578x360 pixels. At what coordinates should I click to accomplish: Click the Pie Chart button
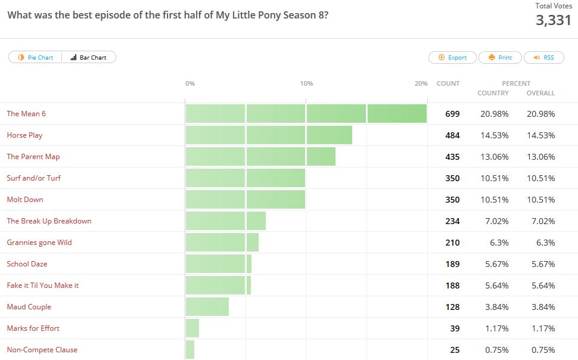(36, 57)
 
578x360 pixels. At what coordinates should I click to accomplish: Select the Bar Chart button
(89, 57)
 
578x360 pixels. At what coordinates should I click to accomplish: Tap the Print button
(500, 57)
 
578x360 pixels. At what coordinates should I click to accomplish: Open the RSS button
(543, 57)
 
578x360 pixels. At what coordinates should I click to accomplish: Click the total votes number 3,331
(554, 20)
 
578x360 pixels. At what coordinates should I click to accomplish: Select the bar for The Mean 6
(306, 113)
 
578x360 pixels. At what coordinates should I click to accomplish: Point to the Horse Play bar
(269, 135)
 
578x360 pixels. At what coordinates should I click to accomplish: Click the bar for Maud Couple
(207, 306)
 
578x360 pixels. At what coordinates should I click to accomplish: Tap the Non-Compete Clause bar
(190, 349)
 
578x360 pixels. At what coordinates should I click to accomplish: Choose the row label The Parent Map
(33, 157)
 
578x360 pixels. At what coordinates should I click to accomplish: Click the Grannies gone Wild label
(39, 243)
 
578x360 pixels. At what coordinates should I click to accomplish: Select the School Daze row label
(27, 264)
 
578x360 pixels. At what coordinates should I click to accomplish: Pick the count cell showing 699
(452, 114)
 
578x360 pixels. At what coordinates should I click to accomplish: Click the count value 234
(452, 221)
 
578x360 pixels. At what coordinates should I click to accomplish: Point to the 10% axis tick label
(306, 83)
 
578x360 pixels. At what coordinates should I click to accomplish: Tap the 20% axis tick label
(421, 83)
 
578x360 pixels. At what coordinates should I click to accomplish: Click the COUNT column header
(448, 83)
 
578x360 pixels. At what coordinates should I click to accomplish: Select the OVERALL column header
(540, 93)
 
